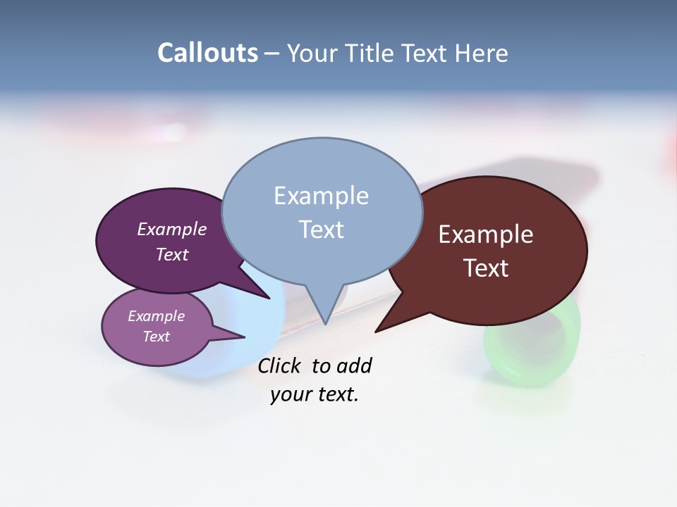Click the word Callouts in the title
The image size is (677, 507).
(207, 53)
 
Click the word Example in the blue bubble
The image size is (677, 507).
(321, 196)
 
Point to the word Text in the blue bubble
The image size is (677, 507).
(321, 230)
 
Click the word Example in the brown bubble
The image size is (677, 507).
(486, 234)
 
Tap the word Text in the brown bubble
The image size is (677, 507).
(486, 268)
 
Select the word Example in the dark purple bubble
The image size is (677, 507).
(172, 229)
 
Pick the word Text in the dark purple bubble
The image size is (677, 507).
(172, 254)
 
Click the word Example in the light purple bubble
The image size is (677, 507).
(157, 316)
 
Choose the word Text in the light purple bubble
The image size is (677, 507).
(157, 337)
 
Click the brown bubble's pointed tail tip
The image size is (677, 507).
(376, 331)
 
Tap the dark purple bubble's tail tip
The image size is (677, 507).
(269, 298)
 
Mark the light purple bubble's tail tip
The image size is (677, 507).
(244, 337)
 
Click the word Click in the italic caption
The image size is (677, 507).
(279, 365)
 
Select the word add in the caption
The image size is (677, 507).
(353, 365)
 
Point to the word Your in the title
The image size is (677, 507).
(312, 53)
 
